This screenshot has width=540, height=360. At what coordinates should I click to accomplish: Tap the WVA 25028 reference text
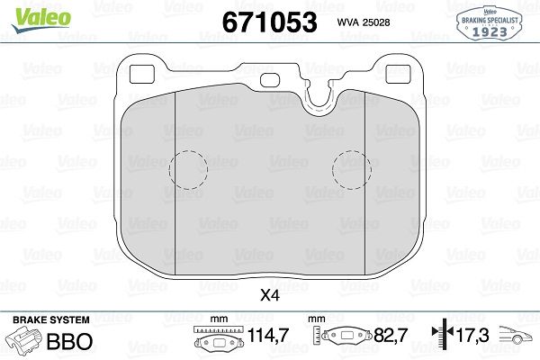[364, 22]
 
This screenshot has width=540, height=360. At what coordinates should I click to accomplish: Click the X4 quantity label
[269, 293]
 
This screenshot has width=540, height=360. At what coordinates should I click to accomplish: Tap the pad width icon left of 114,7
[217, 338]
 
